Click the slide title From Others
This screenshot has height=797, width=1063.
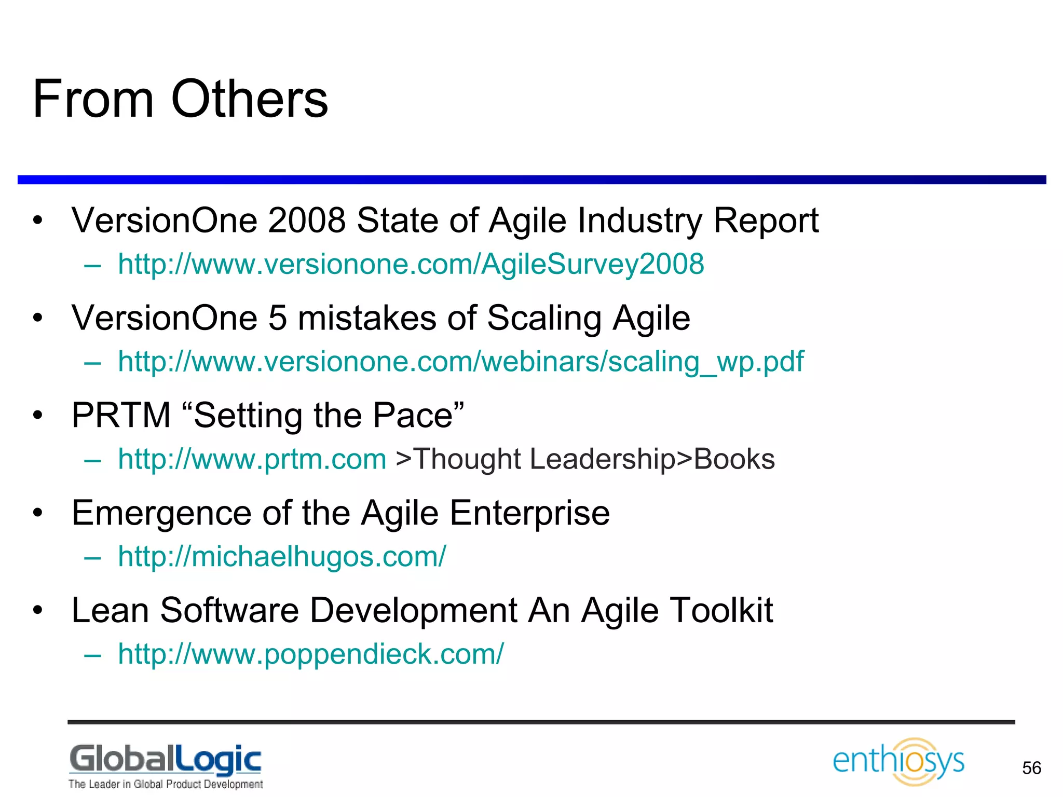coord(180,99)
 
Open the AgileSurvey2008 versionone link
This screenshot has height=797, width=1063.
coord(411,264)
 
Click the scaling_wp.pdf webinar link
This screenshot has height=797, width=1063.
coord(460,361)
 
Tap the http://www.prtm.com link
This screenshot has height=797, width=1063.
coord(252,459)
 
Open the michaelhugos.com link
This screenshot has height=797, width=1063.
coord(281,556)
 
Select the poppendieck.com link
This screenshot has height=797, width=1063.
coord(310,654)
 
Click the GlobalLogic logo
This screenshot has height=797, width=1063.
coord(166,759)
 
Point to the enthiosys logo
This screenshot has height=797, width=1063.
coord(898,761)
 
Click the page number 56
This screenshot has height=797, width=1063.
coord(1031,768)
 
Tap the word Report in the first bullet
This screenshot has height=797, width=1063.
coord(766,220)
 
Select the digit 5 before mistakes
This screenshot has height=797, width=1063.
coord(278,318)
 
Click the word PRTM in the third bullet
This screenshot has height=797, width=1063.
coord(121,415)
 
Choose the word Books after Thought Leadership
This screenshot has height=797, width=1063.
coord(734,459)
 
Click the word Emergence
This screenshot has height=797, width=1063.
coord(161,513)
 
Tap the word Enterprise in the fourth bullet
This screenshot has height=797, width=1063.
coord(529,513)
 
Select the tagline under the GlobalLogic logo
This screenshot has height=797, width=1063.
coord(166,784)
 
